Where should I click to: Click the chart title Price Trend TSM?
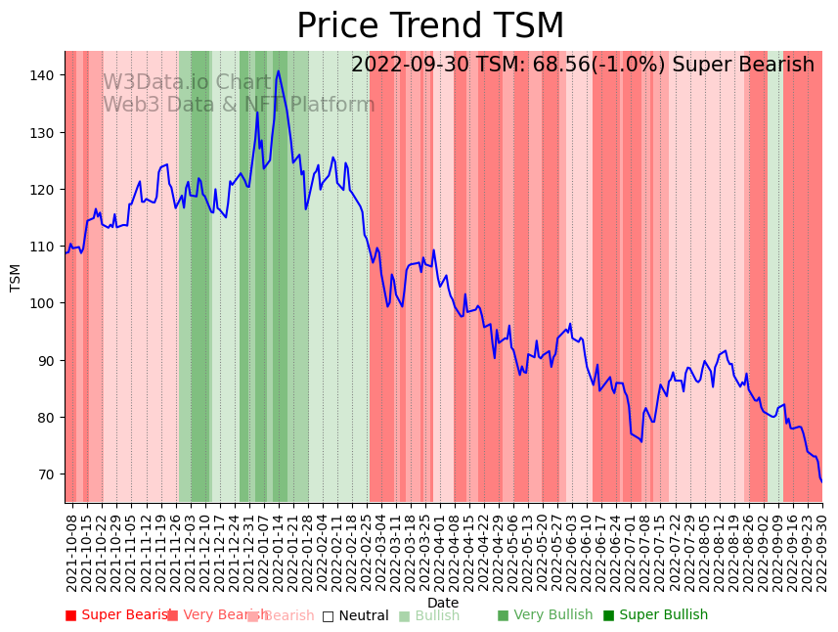pos(430,26)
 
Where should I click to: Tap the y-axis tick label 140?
pos(44,75)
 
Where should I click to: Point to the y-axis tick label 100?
pos(44,303)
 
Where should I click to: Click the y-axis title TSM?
pos(16,277)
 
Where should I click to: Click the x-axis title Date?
pos(443,603)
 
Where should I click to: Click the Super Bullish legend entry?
pos(655,615)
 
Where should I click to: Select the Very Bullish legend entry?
pos(545,615)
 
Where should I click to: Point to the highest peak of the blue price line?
pos(279,70)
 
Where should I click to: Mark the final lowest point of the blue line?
pos(821,481)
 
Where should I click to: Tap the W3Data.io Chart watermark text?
pos(186,82)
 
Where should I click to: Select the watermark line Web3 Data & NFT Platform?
pos(239,105)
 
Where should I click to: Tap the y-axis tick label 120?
pos(44,189)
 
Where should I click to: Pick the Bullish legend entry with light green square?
pos(429,615)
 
